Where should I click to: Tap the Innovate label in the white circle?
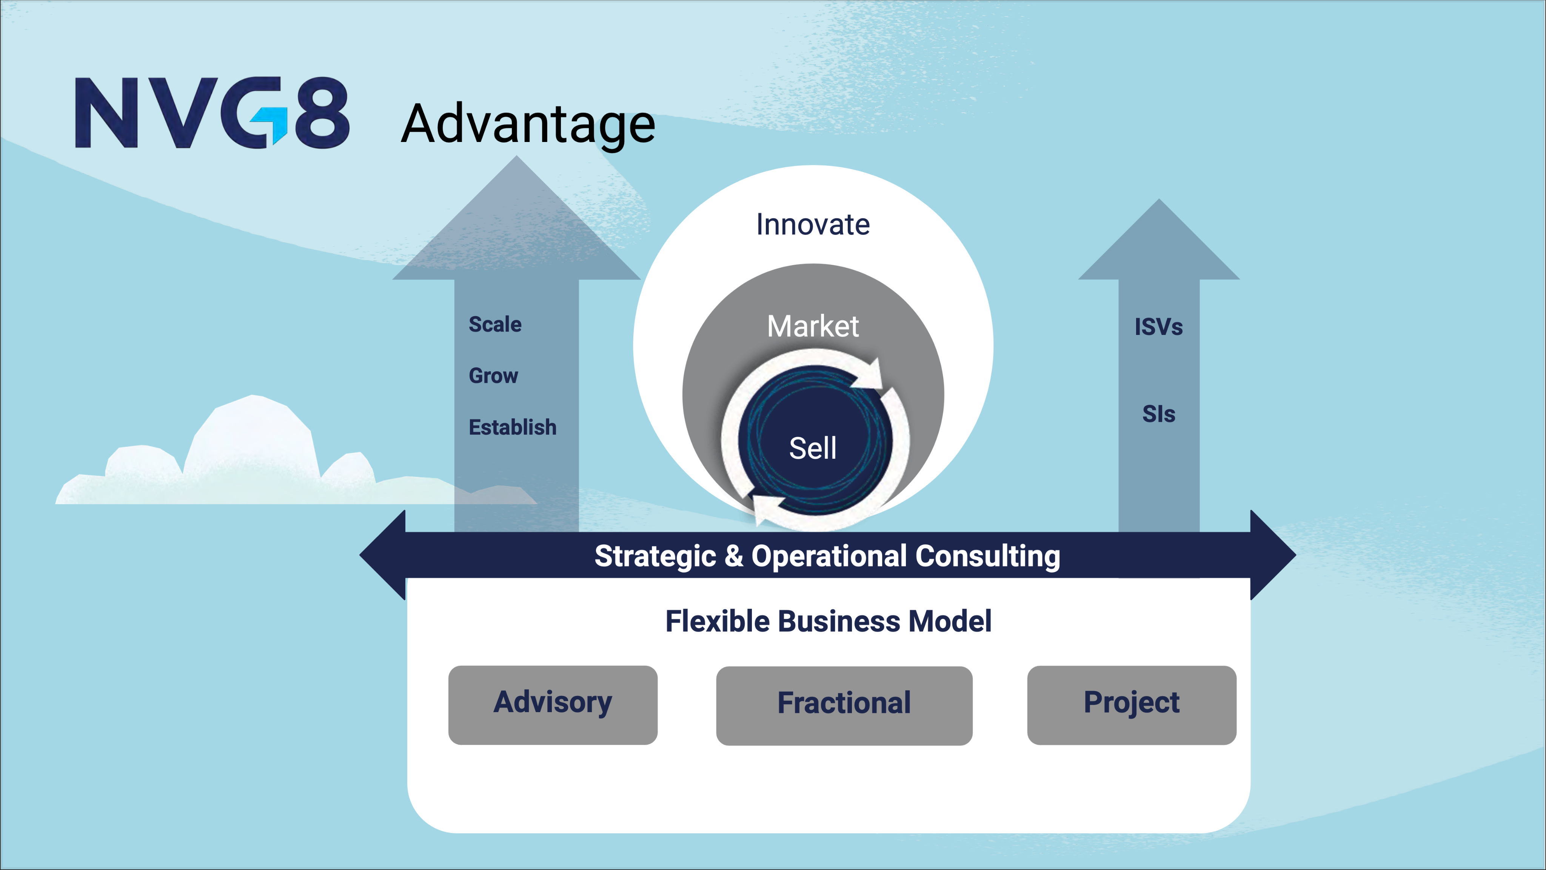813,225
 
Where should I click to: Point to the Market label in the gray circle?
813,326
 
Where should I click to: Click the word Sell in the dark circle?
813,448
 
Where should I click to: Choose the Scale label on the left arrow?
495,324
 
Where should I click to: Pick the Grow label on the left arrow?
493,376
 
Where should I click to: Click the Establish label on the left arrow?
513,427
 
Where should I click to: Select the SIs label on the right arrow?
1158,414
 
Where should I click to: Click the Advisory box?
553,705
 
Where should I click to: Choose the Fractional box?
844,705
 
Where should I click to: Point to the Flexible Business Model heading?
828,621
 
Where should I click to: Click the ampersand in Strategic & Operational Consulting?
733,555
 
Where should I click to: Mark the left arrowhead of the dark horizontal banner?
382,555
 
